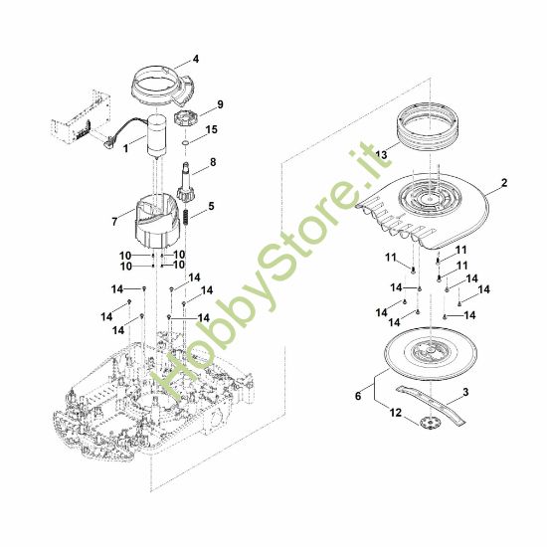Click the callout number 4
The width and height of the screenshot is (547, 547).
tap(195, 59)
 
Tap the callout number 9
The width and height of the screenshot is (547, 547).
tap(220, 104)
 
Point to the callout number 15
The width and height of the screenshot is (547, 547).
tap(211, 130)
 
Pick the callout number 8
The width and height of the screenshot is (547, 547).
tap(212, 160)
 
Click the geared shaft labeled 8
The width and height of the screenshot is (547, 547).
tap(186, 185)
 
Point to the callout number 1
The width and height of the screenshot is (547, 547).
tap(125, 148)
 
